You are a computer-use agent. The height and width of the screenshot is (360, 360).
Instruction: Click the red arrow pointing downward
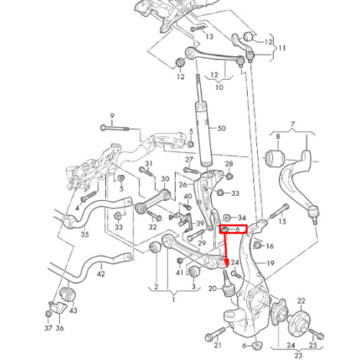point(225,250)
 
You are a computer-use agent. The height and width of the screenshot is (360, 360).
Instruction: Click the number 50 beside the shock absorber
point(221,128)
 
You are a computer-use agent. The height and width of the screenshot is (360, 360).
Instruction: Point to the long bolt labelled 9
point(114,128)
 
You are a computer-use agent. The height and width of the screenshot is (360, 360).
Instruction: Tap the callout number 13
point(210,37)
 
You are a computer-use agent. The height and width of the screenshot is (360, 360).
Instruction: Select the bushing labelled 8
point(275,158)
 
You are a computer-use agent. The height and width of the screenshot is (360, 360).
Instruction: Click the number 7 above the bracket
point(292,125)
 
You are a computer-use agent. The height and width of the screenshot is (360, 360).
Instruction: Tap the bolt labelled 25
point(317,333)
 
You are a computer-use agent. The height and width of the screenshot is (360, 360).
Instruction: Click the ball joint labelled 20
point(227,284)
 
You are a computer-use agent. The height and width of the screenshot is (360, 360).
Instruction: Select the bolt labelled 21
point(215,334)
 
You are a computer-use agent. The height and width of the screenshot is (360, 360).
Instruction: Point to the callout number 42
point(101,274)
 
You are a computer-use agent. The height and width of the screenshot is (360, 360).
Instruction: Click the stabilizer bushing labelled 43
point(68,294)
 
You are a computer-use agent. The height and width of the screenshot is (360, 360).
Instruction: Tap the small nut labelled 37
point(48,314)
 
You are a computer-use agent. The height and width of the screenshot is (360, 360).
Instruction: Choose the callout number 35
point(85,234)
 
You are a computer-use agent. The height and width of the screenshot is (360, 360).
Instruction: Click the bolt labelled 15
point(279,211)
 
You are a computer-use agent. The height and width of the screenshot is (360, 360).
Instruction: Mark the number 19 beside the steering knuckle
point(271,264)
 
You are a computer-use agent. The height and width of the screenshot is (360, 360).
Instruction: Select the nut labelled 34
point(227,217)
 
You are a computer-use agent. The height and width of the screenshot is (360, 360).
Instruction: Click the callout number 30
point(165,179)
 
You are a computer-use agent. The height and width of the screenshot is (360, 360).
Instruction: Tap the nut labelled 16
point(257,246)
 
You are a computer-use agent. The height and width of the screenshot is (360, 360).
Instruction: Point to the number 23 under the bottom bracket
point(298,355)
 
